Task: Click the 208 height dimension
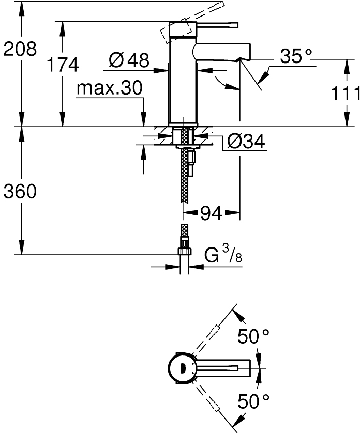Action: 20,49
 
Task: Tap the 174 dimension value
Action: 63,65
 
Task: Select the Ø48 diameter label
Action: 129,59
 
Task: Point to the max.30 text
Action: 110,88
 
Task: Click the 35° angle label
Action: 296,56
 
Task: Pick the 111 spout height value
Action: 346,94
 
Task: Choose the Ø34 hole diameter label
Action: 246,142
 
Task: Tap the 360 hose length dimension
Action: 20,191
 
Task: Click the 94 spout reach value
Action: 211,213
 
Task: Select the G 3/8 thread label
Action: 223,254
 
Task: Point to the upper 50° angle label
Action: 253,336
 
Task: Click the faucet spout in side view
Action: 221,51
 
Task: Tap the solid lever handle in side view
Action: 218,25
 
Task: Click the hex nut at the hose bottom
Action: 184,251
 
